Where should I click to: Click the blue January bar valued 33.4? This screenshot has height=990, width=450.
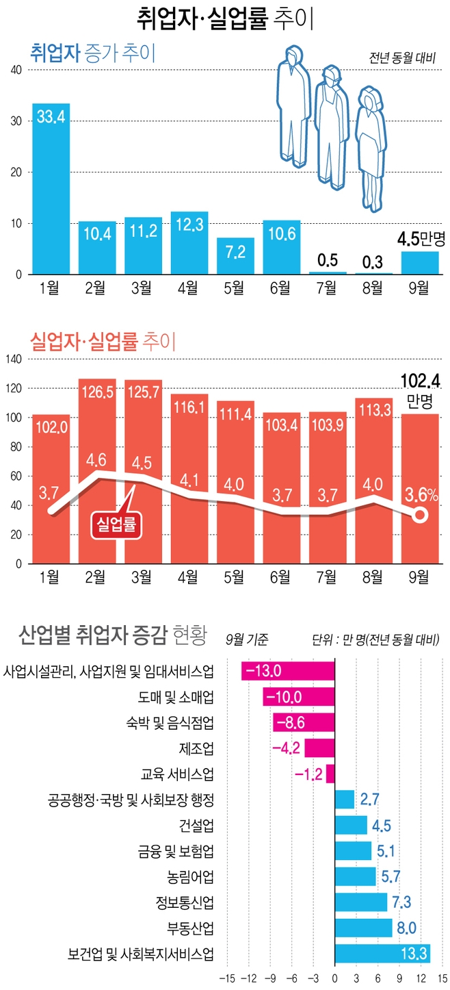[51, 189]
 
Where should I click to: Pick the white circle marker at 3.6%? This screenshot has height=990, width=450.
[419, 515]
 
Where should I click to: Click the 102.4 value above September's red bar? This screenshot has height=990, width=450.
[419, 380]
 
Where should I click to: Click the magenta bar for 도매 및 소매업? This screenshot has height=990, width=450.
[299, 697]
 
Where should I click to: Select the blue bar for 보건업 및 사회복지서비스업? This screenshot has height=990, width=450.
[382, 954]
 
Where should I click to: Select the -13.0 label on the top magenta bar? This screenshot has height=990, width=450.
[263, 671]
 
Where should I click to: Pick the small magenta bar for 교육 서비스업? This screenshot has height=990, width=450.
[330, 774]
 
